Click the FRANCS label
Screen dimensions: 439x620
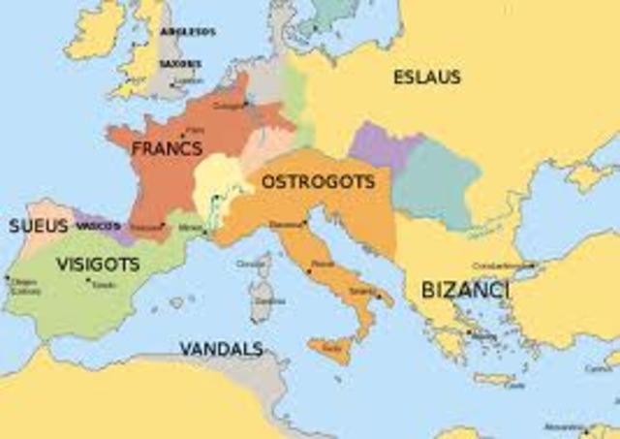167,149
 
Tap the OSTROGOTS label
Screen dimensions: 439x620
318,181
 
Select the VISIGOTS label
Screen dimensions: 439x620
97,264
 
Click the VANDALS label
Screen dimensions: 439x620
221,347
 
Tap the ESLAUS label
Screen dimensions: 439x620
427,78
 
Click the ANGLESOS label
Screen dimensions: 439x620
187,31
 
